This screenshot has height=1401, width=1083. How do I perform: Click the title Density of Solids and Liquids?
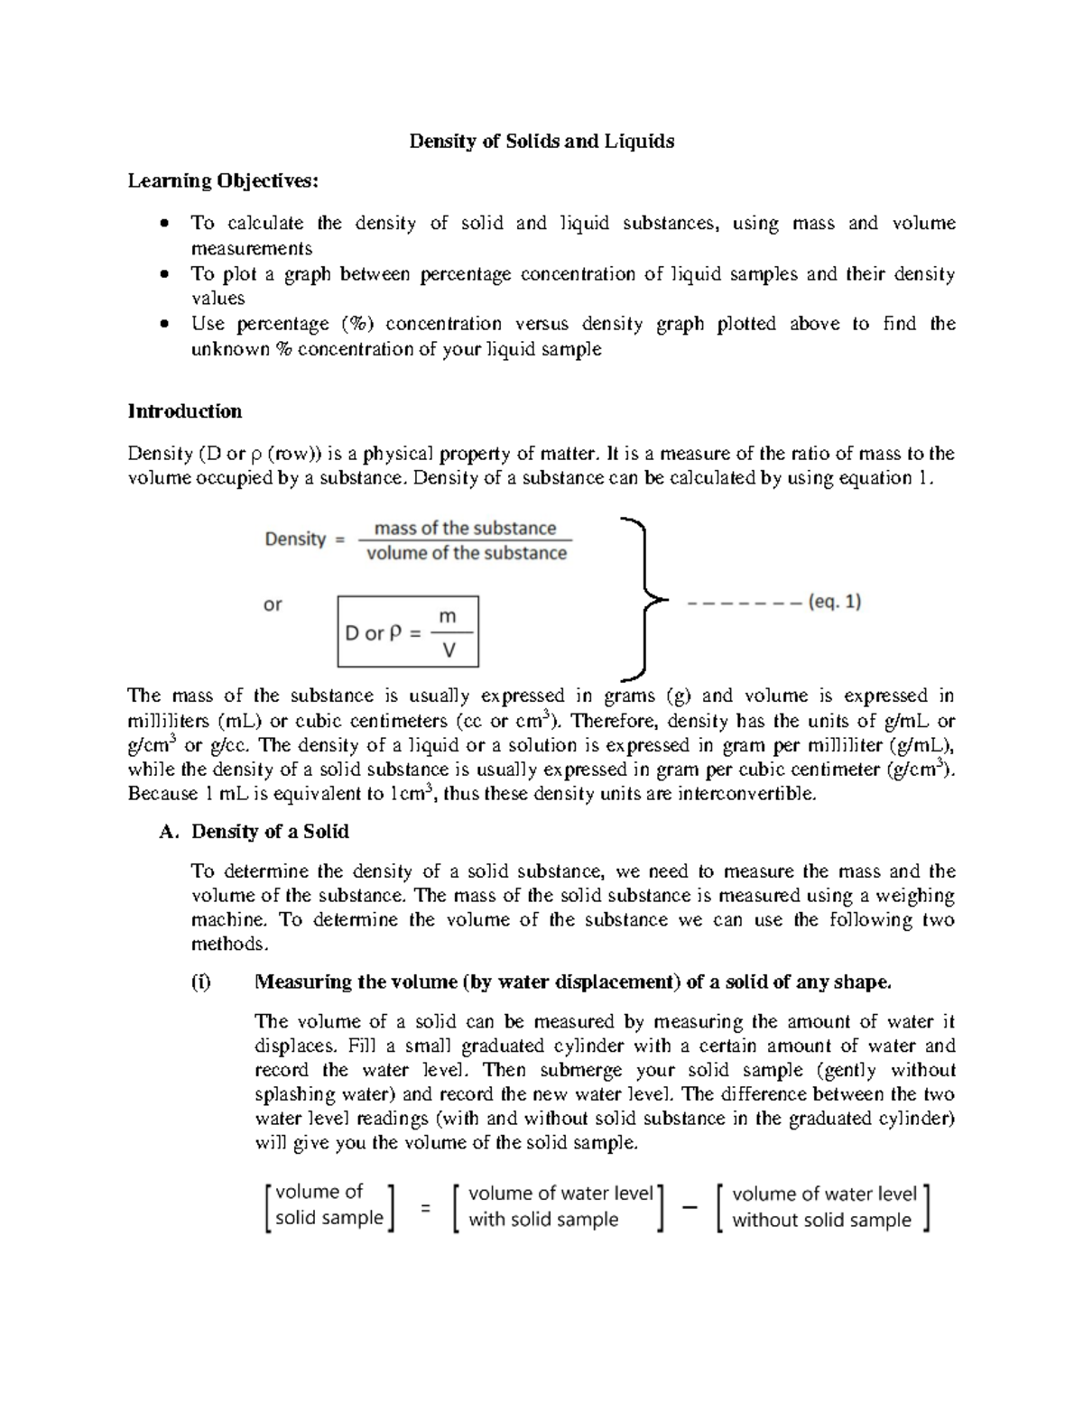541,142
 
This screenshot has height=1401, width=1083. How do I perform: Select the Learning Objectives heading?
223,181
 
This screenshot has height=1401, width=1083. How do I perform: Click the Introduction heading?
185,411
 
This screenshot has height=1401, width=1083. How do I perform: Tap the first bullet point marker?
163,223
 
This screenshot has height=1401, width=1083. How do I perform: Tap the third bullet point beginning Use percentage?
572,336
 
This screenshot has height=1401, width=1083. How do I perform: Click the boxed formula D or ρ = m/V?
408,631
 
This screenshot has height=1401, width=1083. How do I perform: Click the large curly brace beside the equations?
643,598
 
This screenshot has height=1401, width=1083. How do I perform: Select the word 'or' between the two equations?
273,604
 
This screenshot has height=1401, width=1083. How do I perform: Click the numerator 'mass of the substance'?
466,529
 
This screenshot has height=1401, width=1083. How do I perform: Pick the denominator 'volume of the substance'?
467,553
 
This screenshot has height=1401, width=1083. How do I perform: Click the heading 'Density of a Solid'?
270,831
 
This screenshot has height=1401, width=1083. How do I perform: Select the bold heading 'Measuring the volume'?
573,982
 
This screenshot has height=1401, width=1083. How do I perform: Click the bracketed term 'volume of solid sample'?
329,1205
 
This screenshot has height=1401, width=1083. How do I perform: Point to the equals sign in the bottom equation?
425,1207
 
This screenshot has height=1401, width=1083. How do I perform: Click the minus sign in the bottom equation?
690,1208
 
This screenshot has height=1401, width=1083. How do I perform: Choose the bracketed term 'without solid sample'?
821,1207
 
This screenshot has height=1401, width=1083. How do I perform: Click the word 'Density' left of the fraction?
295,539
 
